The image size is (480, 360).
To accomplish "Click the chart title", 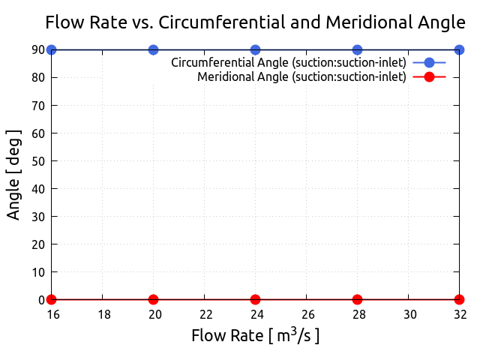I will click(x=255, y=22).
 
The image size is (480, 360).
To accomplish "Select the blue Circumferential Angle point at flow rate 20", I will click(x=153, y=49).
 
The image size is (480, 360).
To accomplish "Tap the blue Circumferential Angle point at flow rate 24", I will click(x=255, y=49).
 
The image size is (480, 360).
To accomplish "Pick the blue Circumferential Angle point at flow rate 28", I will click(x=357, y=49).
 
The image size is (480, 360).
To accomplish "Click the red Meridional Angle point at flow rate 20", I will click(x=153, y=299).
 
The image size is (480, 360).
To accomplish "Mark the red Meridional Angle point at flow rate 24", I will click(x=255, y=299).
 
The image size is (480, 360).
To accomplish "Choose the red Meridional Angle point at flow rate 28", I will click(x=357, y=299).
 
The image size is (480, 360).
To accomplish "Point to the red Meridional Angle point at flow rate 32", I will click(x=459, y=299).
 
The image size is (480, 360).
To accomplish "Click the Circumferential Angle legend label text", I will click(x=289, y=62).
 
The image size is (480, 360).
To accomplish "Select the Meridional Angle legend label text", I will click(x=301, y=76).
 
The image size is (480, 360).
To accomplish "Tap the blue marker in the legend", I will click(x=429, y=62).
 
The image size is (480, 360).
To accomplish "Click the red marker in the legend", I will click(x=429, y=76).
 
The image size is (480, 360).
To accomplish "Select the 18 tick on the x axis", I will click(x=102, y=314).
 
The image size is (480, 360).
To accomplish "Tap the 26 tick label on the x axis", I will click(x=306, y=314).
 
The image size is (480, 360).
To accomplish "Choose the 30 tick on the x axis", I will click(x=408, y=314).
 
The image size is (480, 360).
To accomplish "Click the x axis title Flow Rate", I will click(x=255, y=335).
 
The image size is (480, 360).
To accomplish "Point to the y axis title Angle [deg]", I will click(x=14, y=174).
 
